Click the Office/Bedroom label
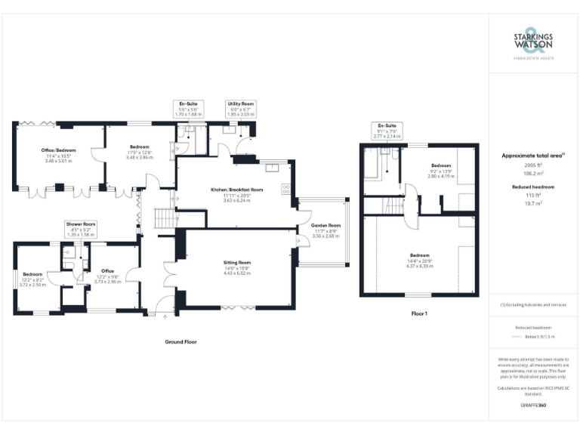pos(57,150)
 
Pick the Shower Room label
pos(80,224)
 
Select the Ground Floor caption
pos(181,341)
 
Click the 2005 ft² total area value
pos(533,164)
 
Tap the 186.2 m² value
pos(533,172)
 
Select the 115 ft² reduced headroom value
pos(533,195)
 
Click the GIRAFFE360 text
pos(533,406)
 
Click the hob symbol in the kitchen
pos(286,189)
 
